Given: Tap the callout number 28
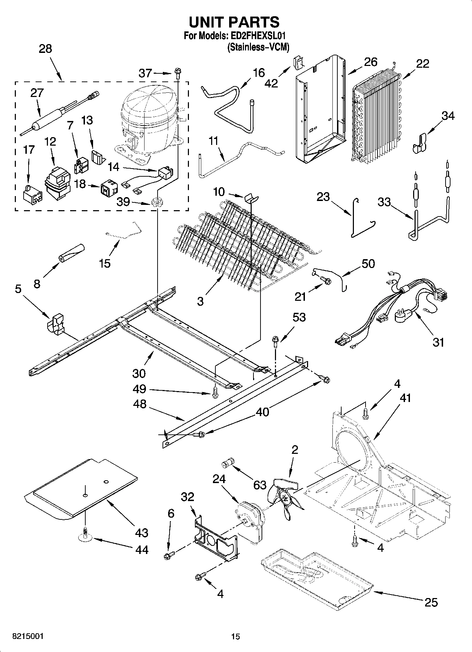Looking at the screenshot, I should point(45,49).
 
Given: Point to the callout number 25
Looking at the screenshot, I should point(431,602).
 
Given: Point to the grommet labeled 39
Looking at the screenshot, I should point(156,202).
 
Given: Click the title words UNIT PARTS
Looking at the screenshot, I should point(234,22).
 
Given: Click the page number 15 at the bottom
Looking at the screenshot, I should point(235,636).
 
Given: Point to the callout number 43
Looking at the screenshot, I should point(142,532).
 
